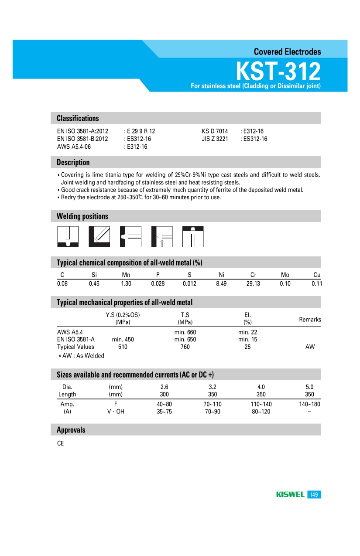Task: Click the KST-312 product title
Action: click(x=278, y=71)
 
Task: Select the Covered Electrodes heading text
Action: click(x=287, y=52)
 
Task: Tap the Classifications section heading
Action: click(x=78, y=118)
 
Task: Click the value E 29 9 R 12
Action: click(x=140, y=131)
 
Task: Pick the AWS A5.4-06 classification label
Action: click(x=74, y=147)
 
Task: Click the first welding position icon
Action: click(x=68, y=236)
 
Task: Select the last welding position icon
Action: click(x=193, y=236)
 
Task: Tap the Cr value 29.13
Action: click(x=253, y=283)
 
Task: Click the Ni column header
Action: click(x=221, y=275)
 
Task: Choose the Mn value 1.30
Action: click(x=126, y=283)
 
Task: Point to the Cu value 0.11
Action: click(x=316, y=283)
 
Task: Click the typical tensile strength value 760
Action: click(x=185, y=347)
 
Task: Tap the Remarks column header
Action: click(x=310, y=320)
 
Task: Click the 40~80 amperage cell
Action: click(x=165, y=404)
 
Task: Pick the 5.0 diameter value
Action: click(x=309, y=387)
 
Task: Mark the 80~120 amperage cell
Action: click(x=261, y=412)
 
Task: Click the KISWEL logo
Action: click(x=290, y=495)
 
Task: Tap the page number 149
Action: click(x=314, y=495)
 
